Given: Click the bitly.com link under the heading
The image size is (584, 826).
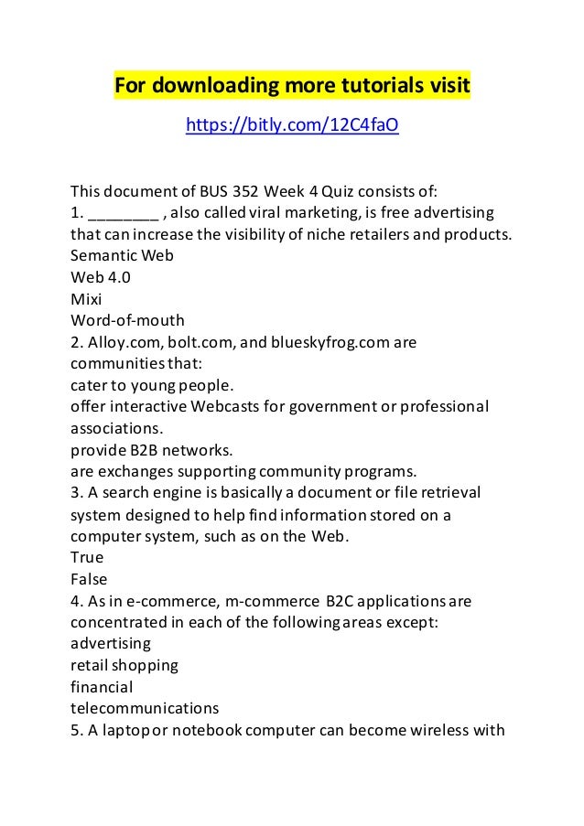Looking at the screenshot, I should coord(292,124).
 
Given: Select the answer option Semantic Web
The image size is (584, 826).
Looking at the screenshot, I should coord(122,256).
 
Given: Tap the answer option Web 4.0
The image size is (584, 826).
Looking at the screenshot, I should coord(100,277).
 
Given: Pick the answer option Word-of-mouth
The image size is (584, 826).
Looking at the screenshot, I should coord(127,320).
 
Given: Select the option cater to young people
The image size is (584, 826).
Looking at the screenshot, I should coord(154,384).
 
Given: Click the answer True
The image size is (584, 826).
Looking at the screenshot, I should coord(87,557).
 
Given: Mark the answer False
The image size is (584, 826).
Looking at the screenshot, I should coord(89,578).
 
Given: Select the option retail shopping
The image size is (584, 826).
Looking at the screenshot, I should coord(124,664).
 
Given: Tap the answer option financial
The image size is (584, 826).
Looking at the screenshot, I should coord(102,686).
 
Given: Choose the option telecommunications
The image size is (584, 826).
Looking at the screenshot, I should coord(145,707).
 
